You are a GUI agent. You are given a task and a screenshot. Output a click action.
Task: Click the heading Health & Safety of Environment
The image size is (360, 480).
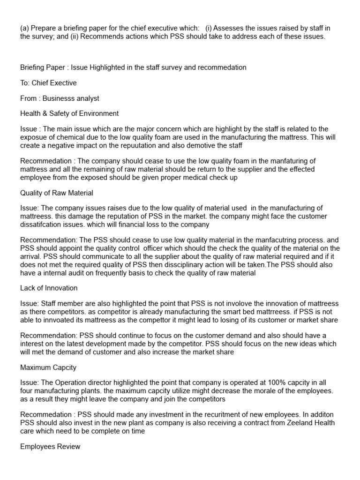69,113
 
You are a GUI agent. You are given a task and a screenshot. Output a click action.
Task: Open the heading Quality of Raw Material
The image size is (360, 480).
57,193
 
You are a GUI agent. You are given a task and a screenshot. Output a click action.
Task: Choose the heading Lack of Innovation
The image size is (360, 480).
49,288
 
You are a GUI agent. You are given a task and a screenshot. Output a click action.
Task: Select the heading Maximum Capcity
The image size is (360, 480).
48,368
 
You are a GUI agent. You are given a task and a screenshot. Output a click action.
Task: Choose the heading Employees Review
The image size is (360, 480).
50,447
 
